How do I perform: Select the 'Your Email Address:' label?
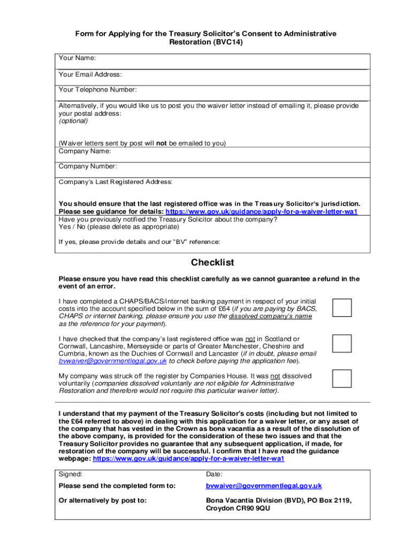click(x=90, y=74)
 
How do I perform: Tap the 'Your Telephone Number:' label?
click(x=97, y=89)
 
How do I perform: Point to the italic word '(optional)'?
click(x=73, y=121)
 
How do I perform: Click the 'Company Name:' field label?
click(x=85, y=151)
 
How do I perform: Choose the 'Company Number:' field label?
click(x=88, y=166)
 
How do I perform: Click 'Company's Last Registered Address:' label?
click(x=116, y=182)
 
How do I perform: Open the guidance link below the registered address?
click(x=262, y=211)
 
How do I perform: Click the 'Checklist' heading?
click(x=212, y=263)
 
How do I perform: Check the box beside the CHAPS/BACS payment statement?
click(x=342, y=308)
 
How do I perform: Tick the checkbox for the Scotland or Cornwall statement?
click(x=342, y=344)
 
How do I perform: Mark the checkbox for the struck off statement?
click(x=342, y=378)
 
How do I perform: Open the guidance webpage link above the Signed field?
click(x=188, y=459)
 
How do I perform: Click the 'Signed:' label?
click(x=71, y=474)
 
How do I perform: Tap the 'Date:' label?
click(x=214, y=474)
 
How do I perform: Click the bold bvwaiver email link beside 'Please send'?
click(x=264, y=486)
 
